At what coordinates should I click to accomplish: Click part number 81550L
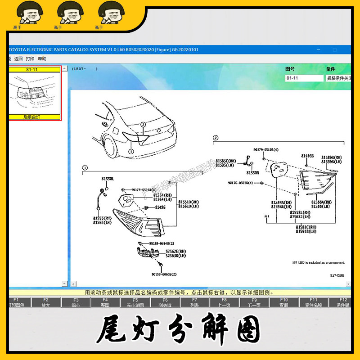pyautogui.click(x=107, y=179)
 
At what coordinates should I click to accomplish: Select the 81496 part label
pyautogui.click(x=160, y=207)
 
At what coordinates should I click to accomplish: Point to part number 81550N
pyautogui.click(x=253, y=172)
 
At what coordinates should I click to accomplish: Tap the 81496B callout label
pyautogui.click(x=307, y=155)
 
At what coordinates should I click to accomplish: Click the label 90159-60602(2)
pyautogui.click(x=164, y=274)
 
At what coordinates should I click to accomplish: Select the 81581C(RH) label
pyautogui.click(x=306, y=227)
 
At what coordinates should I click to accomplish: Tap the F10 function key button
pyautogui.click(x=283, y=302)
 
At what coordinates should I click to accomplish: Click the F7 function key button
pyautogui.click(x=194, y=302)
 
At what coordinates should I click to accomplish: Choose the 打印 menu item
pyautogui.click(x=30, y=58)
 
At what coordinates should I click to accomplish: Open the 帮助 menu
pyautogui.click(x=42, y=58)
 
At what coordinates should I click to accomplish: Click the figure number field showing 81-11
pyautogui.click(x=303, y=78)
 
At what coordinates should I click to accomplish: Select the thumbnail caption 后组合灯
pyautogui.click(x=35, y=117)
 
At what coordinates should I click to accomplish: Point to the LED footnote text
pyautogui.click(x=318, y=262)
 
